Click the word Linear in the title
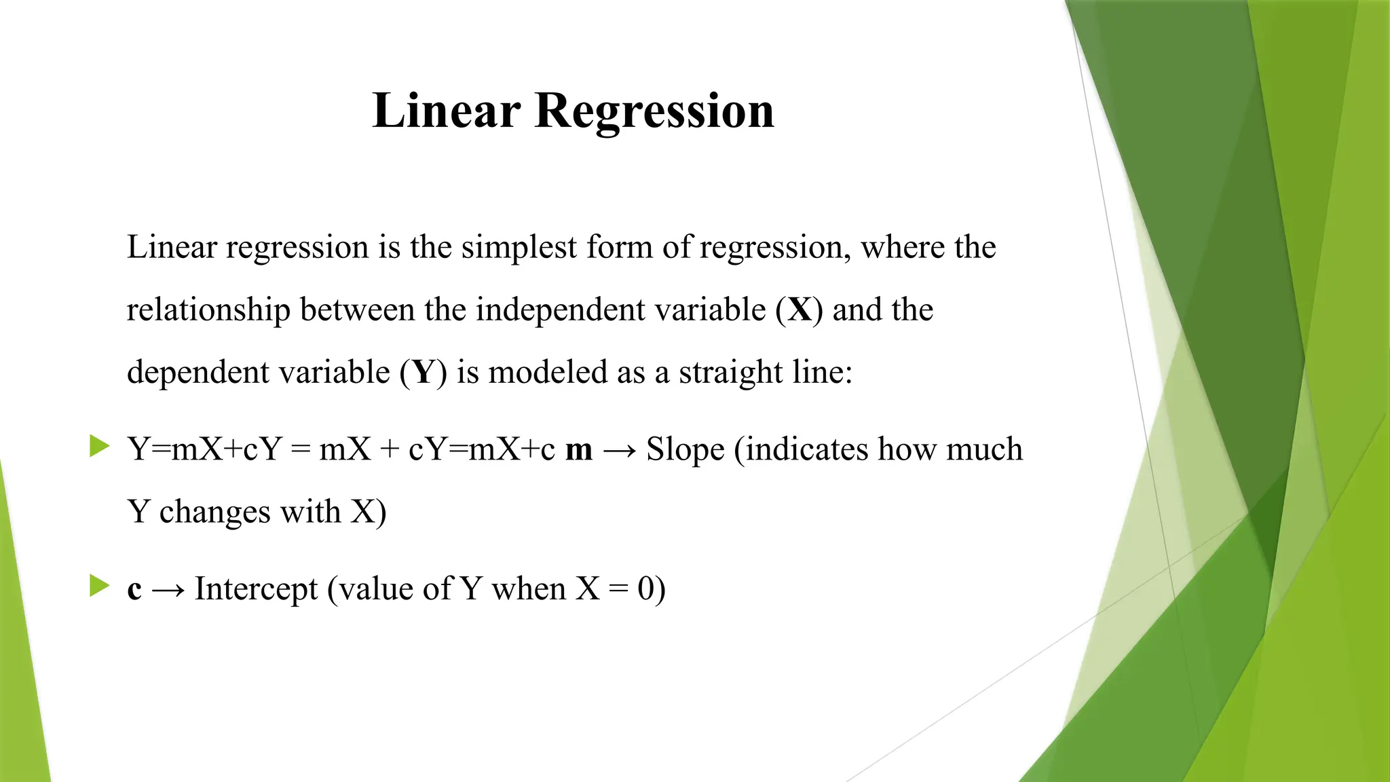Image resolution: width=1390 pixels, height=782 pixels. click(x=446, y=110)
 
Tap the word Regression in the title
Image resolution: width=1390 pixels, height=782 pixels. click(x=654, y=111)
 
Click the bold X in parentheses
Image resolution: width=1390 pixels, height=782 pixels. click(x=800, y=310)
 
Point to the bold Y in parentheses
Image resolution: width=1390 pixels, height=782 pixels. click(x=424, y=372)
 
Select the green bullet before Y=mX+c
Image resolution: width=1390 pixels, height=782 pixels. click(x=99, y=447)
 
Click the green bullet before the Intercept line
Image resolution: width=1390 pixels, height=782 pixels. click(x=99, y=586)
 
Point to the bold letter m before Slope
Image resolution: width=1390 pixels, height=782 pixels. click(x=578, y=449)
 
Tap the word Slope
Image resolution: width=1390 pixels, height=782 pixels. click(x=685, y=449)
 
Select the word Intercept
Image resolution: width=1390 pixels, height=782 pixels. click(x=256, y=589)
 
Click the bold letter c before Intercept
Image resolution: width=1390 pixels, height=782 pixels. click(x=134, y=589)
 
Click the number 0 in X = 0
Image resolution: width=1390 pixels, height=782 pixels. click(x=646, y=589)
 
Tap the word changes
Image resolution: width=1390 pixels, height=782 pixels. click(x=215, y=512)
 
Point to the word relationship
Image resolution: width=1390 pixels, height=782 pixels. click(x=208, y=310)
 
